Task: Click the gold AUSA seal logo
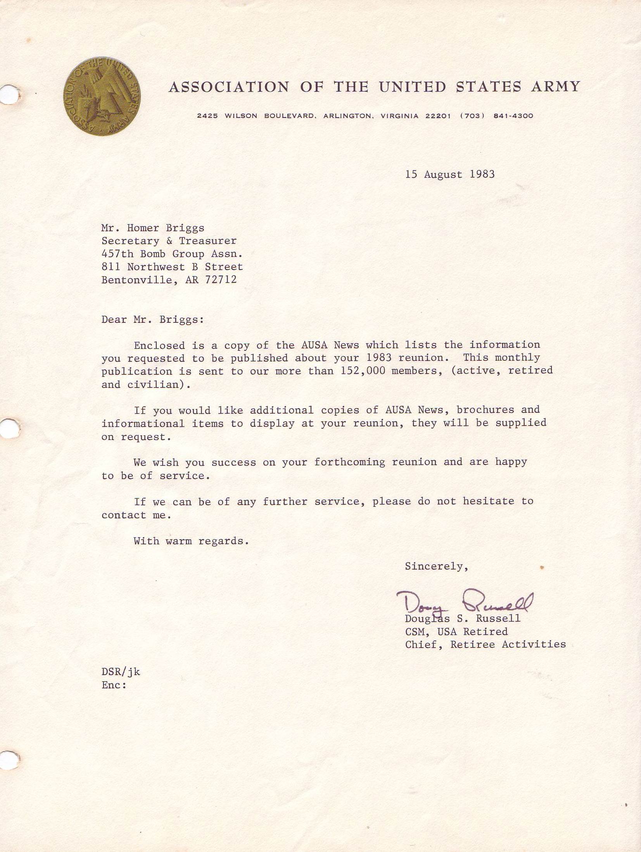(x=102, y=96)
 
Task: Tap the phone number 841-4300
(x=513, y=116)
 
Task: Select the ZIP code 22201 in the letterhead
(x=438, y=116)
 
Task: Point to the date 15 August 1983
(x=450, y=174)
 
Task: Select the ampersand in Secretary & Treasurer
(x=169, y=241)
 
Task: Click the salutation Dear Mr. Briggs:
(x=152, y=319)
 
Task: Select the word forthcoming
(x=349, y=462)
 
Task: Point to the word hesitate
(x=489, y=501)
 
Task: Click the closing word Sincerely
(x=436, y=566)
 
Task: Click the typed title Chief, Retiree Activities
(x=485, y=644)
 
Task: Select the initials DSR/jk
(x=121, y=672)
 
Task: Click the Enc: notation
(x=114, y=685)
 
